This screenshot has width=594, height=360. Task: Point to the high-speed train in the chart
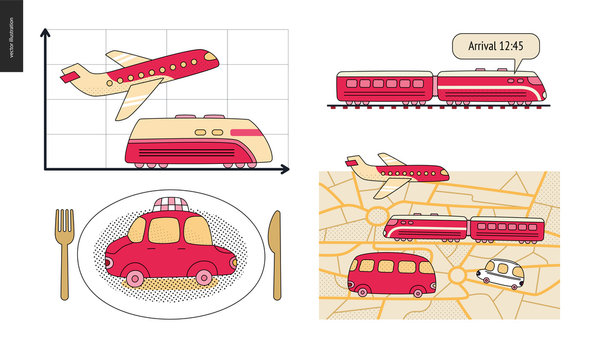tap(205, 140)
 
